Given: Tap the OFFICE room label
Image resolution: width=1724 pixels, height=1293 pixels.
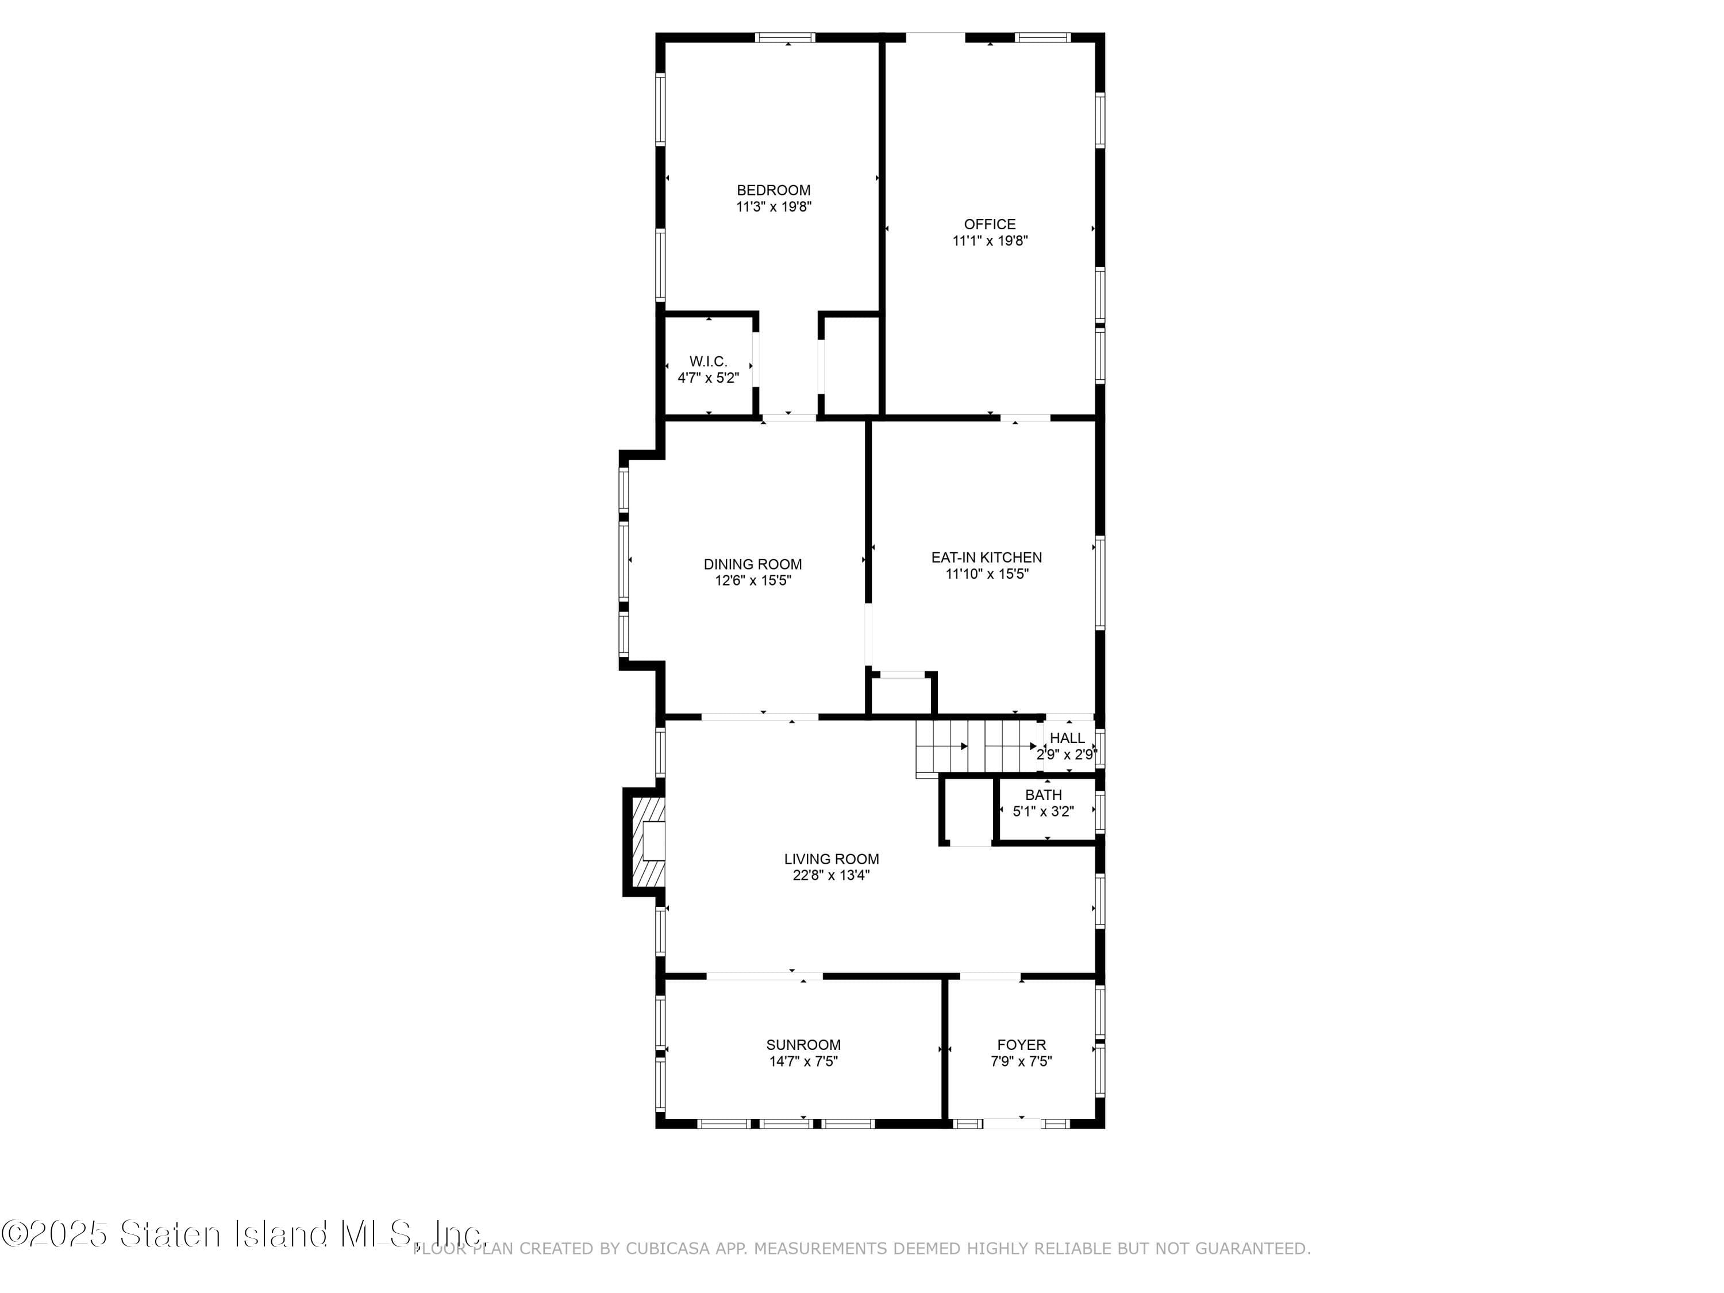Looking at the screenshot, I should tap(990, 225).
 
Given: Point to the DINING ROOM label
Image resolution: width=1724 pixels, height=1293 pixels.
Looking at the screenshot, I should tap(752, 564).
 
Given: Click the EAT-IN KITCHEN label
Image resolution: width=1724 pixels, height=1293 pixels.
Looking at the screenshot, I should tap(986, 557).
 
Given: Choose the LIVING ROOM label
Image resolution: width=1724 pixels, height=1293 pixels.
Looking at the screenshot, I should tap(831, 859).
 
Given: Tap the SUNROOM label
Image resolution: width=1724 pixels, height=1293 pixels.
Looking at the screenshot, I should tap(803, 1045).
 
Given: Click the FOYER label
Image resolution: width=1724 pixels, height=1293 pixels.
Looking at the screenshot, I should tap(1021, 1045).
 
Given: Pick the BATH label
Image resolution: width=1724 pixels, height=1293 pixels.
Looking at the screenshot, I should tap(1043, 795).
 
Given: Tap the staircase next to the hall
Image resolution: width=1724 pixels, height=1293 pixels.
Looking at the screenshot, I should tap(978, 746).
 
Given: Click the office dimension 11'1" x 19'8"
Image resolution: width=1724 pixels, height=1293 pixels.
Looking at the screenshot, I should tap(990, 241).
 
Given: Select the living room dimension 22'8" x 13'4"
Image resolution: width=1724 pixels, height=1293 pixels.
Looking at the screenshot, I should tap(831, 875).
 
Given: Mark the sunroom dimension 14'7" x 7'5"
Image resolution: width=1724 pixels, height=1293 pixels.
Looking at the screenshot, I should tap(803, 1061).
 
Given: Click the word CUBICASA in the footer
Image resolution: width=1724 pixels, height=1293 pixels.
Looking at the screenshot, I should tap(667, 1249).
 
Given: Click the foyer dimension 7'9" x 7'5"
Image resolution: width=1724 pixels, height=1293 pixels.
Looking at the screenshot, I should tap(1021, 1061).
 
